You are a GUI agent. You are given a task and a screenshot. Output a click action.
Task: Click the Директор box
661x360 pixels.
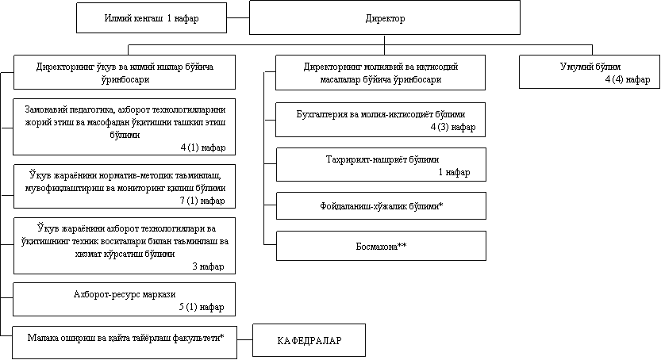[385, 17]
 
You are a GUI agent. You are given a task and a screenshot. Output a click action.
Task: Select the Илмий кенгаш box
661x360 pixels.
[150, 17]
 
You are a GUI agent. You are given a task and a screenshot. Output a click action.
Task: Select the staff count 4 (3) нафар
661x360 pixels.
[452, 126]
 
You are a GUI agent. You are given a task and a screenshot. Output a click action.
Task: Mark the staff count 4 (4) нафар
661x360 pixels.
[627, 80]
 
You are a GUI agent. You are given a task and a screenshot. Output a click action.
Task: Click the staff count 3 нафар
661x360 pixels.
[208, 266]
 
